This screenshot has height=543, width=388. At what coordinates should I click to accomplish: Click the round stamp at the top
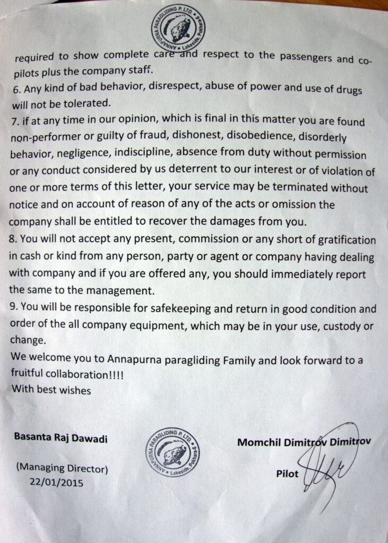click(x=178, y=27)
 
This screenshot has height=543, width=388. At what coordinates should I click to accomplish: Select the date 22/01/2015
click(x=57, y=483)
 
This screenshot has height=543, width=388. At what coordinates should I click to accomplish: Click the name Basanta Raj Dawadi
click(x=61, y=439)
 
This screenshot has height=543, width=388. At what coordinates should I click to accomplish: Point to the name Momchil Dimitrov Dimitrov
click(x=304, y=442)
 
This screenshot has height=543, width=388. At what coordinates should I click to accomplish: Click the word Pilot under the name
click(x=288, y=473)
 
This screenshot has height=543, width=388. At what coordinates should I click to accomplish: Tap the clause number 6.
click(x=15, y=86)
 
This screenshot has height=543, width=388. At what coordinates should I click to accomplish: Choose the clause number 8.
click(x=14, y=239)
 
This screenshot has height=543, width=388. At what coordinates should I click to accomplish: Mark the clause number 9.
click(x=14, y=308)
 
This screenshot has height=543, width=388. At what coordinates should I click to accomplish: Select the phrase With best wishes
click(x=51, y=390)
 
